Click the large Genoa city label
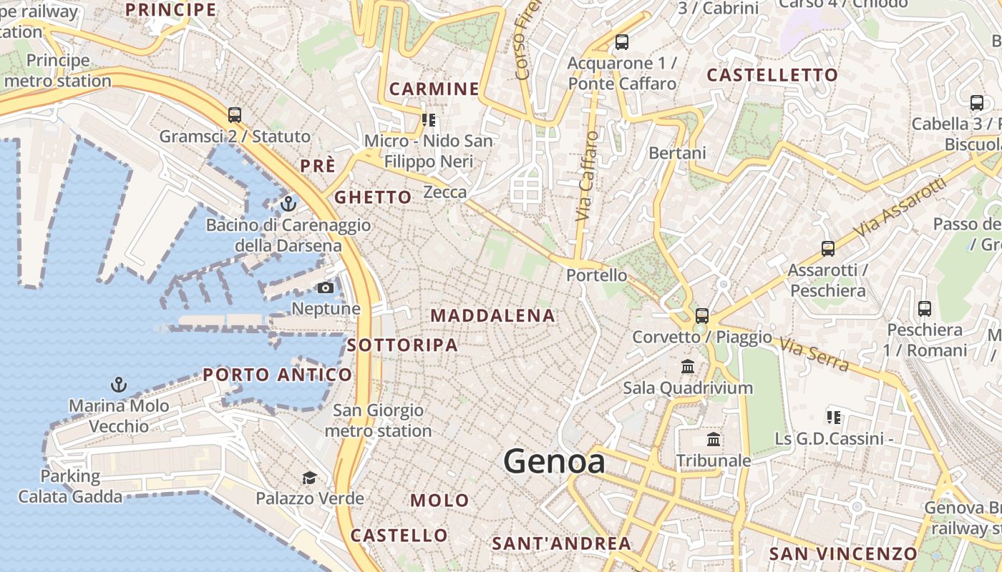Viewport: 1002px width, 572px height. [x=554, y=461]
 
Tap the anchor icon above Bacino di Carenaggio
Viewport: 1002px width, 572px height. [x=288, y=204]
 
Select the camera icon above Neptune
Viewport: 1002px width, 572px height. [x=326, y=287]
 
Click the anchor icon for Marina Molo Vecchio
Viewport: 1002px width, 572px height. [x=119, y=385]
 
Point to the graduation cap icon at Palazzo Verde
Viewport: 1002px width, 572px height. [x=309, y=478]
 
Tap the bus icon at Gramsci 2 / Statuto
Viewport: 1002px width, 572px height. [x=234, y=114]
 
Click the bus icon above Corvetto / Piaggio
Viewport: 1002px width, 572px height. [x=701, y=315]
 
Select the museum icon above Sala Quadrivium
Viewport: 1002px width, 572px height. [x=688, y=367]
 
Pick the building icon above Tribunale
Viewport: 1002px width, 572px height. [x=713, y=439]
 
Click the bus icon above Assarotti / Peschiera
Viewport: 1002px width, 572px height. [x=827, y=249]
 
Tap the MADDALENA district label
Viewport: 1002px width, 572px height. [x=492, y=315]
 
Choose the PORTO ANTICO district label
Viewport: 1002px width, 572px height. [x=278, y=375]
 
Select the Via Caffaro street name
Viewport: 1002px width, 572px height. [x=586, y=175]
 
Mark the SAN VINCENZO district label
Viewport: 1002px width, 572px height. [x=842, y=553]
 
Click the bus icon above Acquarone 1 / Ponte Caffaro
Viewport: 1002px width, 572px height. [x=621, y=42]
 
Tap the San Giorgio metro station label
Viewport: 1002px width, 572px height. [x=378, y=420]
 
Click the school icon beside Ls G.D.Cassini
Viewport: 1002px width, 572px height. [x=833, y=417]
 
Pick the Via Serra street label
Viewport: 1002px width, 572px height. [x=814, y=355]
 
